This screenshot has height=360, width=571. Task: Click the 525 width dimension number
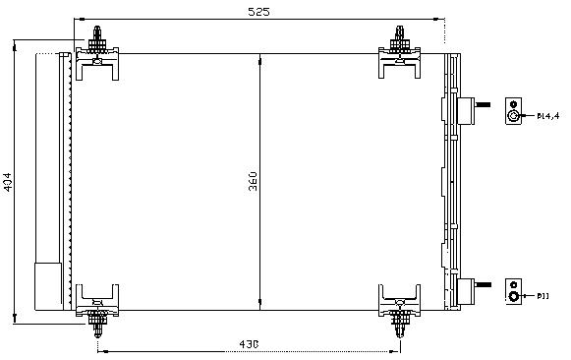click(x=258, y=12)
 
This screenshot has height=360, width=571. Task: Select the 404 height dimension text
click(x=9, y=183)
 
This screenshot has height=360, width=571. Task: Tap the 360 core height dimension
click(x=253, y=182)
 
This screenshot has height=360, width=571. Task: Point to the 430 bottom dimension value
click(x=250, y=344)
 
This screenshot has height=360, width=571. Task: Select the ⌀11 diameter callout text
click(x=543, y=294)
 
